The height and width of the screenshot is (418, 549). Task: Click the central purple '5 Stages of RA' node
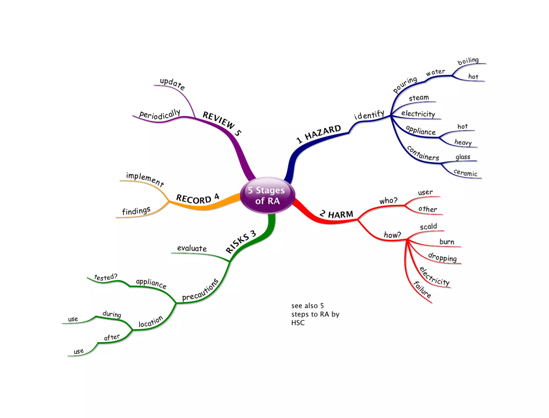[x=268, y=195]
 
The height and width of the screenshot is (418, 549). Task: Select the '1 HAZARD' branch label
[x=318, y=134]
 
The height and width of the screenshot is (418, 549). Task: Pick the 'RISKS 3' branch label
[x=241, y=242]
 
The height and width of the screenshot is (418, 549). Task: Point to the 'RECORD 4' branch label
[x=198, y=199]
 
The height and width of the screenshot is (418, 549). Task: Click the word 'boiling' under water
[x=468, y=61]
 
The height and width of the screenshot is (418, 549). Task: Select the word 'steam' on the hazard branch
[x=419, y=98]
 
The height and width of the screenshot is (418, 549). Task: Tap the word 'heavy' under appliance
[x=463, y=142]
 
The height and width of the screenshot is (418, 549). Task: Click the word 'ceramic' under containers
[x=465, y=173]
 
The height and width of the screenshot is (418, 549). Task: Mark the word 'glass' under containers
[x=463, y=157]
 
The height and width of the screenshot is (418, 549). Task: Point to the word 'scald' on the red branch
[x=428, y=227]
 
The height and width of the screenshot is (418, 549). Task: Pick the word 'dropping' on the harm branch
[x=442, y=257]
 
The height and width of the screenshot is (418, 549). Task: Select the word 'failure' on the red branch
[x=422, y=290]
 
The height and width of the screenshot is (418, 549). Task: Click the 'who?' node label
[x=388, y=201]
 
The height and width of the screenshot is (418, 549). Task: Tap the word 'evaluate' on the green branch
[x=192, y=248]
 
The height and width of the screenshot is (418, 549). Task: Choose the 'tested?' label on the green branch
[x=106, y=277]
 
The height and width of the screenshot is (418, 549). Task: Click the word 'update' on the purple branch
[x=172, y=84]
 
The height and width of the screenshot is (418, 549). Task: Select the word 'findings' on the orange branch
[x=136, y=211]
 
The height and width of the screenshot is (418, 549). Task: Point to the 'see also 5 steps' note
[x=315, y=314]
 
